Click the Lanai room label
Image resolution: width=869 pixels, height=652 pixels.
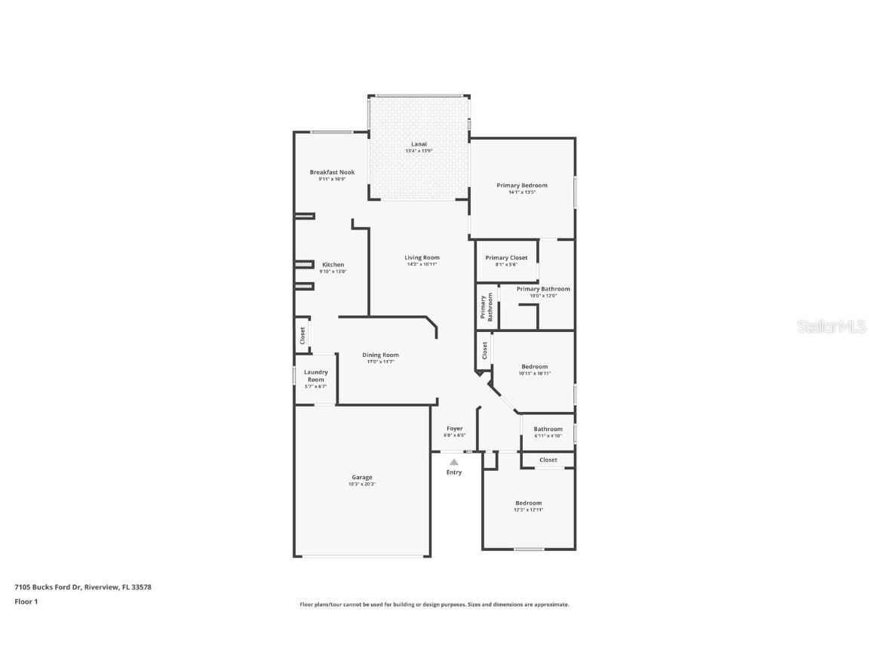click(419, 144)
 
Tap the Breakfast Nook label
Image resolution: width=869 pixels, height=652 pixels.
click(332, 173)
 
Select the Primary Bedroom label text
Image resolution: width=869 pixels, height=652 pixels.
click(521, 186)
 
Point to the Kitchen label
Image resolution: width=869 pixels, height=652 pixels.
click(333, 265)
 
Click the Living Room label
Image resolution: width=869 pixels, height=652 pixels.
click(422, 258)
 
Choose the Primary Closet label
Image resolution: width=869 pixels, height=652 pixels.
click(506, 258)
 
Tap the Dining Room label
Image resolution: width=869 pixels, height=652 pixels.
click(380, 355)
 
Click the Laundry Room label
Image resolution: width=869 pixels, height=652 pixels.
click(315, 376)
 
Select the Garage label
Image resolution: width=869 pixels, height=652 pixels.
click(361, 478)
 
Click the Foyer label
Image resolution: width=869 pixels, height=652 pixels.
click(454, 429)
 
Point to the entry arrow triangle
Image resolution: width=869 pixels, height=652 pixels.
click(453, 462)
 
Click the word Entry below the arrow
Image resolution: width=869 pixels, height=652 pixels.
click(453, 472)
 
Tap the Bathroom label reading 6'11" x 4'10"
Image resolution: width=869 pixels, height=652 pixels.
click(548, 435)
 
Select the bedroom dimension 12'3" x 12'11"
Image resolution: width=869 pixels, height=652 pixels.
click(528, 510)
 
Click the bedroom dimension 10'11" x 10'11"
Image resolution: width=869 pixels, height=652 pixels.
click(534, 374)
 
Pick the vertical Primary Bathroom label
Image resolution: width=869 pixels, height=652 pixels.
click(486, 307)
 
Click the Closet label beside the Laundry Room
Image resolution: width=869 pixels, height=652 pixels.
click(303, 335)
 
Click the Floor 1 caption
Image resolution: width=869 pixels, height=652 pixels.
click(26, 601)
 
